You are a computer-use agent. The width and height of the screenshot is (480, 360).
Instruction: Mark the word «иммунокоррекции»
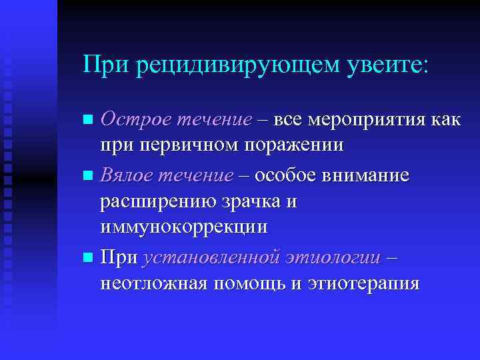183,226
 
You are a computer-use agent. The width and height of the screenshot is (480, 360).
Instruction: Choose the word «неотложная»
155,283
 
